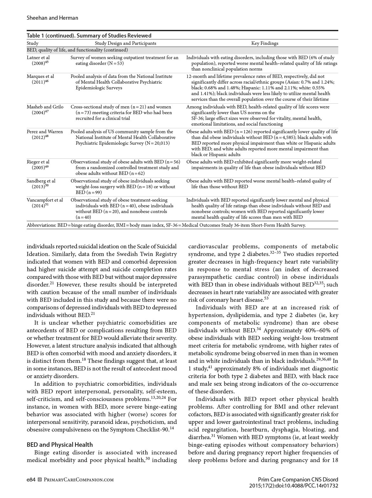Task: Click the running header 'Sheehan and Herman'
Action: pyautogui.click(x=52, y=18)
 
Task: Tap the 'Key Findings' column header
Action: pyautogui.click(x=265, y=43)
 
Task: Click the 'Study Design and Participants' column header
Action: pyautogui.click(x=126, y=43)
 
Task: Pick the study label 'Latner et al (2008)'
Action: pyautogui.click(x=38, y=60)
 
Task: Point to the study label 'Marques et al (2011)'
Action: pyautogui.click(x=40, y=79)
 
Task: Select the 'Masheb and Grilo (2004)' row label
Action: pyautogui.click(x=45, y=110)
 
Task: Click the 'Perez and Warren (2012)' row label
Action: pyautogui.click(x=45, y=135)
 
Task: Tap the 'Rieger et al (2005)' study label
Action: pyautogui.click(x=38, y=165)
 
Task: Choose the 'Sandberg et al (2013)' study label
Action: pyautogui.click(x=41, y=184)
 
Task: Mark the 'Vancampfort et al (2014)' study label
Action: pyautogui.click(x=45, y=203)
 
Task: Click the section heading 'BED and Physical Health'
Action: pyautogui.click(x=60, y=445)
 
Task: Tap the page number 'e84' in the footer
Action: pyautogui.click(x=31, y=480)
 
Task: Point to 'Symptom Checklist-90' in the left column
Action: pyautogui.click(x=143, y=430)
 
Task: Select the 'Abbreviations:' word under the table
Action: pyautogui.click(x=41, y=225)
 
